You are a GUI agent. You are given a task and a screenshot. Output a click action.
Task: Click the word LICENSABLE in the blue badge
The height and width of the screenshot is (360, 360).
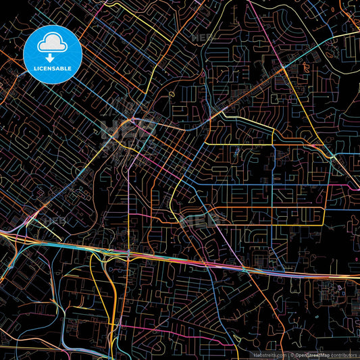click(53, 68)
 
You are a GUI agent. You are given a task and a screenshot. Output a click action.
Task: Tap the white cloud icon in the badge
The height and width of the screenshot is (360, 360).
click(53, 43)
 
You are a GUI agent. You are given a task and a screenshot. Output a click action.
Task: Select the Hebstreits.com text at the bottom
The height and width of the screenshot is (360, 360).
click(269, 354)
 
